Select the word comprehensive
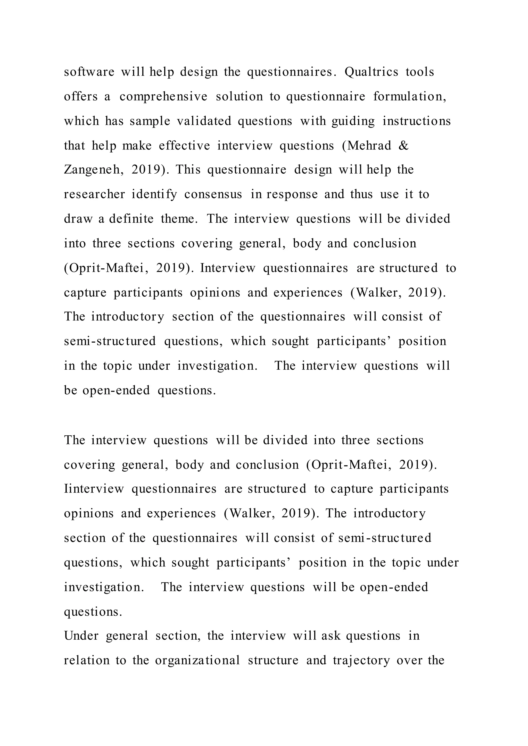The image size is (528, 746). (x=163, y=97)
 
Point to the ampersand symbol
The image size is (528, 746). (x=403, y=145)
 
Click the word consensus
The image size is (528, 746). (x=213, y=194)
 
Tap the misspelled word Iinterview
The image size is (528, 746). (x=94, y=489)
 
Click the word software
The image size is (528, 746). (x=89, y=72)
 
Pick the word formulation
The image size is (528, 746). (x=409, y=97)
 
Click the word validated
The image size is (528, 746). (x=204, y=121)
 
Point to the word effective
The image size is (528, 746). (x=184, y=145)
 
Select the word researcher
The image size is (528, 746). (x=94, y=194)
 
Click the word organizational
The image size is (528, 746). (x=197, y=660)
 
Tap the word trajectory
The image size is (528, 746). (x=361, y=660)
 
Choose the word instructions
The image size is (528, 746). (x=416, y=121)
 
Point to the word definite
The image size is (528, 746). (x=131, y=219)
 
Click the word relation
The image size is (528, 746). (x=86, y=660)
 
